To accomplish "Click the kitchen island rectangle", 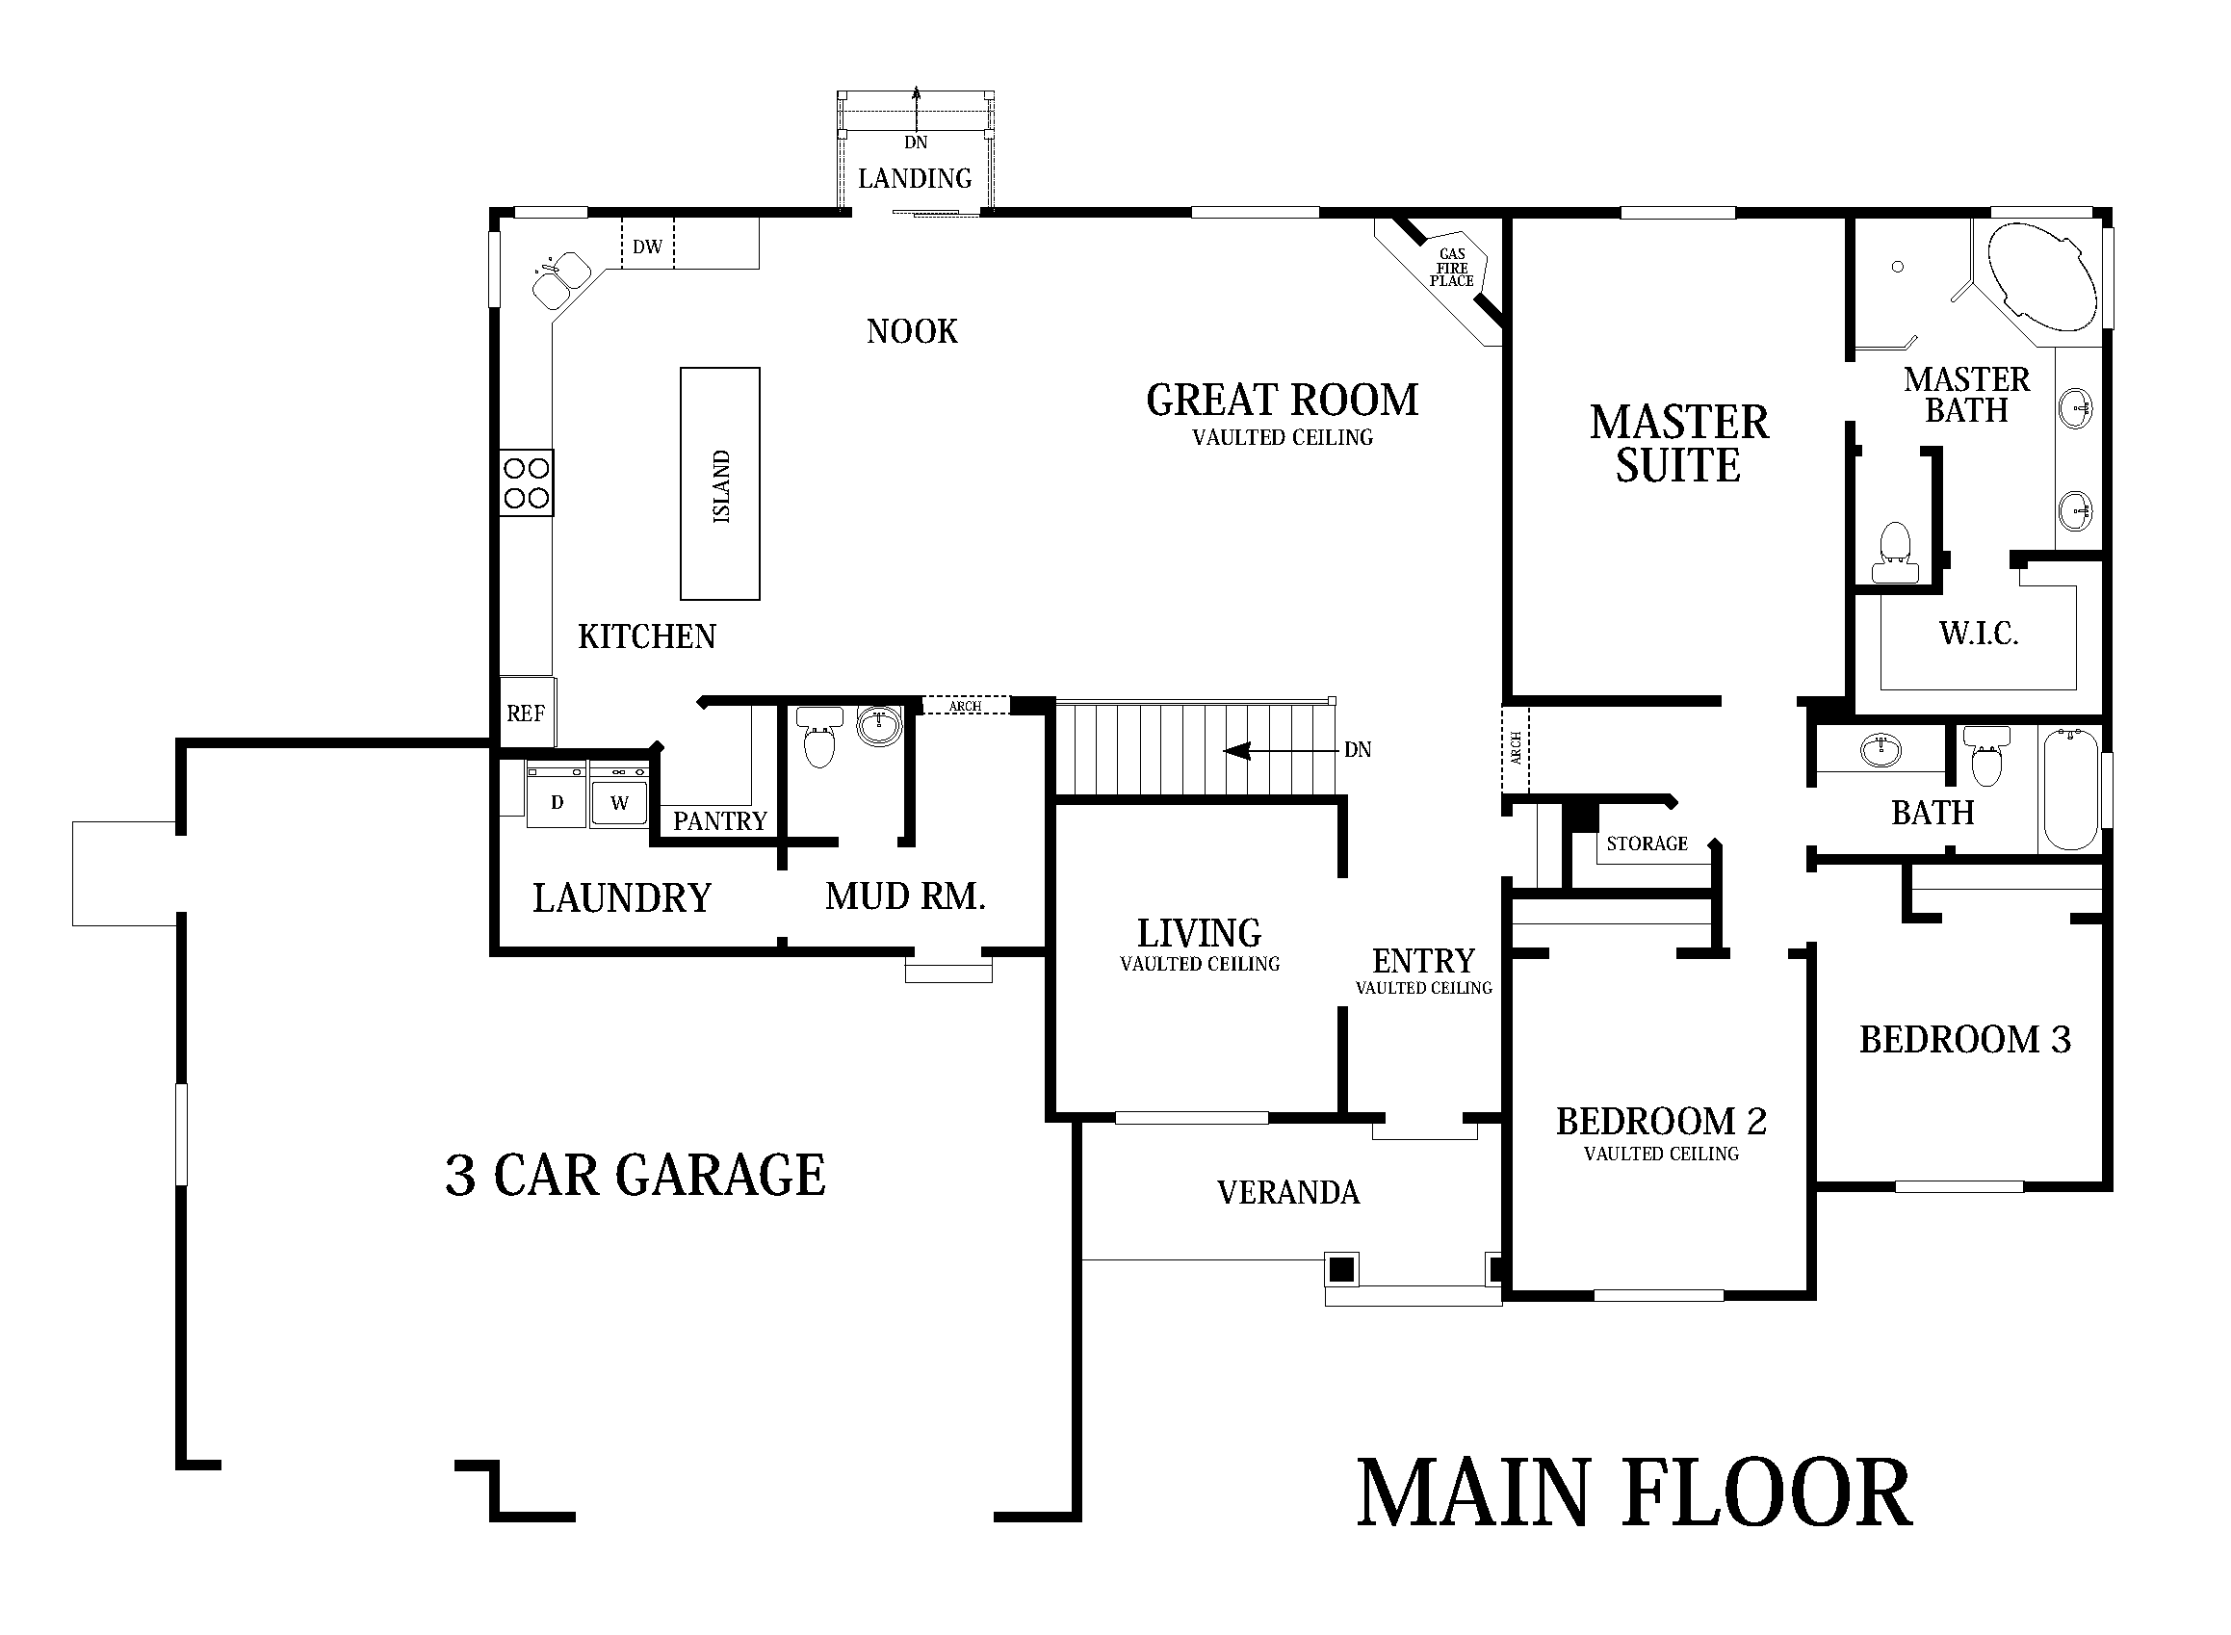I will (x=719, y=483).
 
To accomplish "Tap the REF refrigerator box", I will (x=526, y=713).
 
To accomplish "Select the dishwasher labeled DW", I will (x=647, y=246).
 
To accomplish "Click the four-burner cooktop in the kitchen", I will (x=526, y=483).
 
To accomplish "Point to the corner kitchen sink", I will (x=560, y=278).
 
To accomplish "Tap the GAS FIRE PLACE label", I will (x=1451, y=268).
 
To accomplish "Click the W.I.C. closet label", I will (x=1979, y=634).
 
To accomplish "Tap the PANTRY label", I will (x=719, y=820).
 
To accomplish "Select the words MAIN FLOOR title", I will (x=1633, y=1494).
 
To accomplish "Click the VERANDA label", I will (x=1287, y=1193).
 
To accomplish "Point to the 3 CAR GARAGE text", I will (x=635, y=1175).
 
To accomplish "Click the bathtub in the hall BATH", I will (x=2070, y=789).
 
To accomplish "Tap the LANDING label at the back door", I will (x=915, y=179).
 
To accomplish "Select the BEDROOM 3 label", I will (x=1964, y=1039).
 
